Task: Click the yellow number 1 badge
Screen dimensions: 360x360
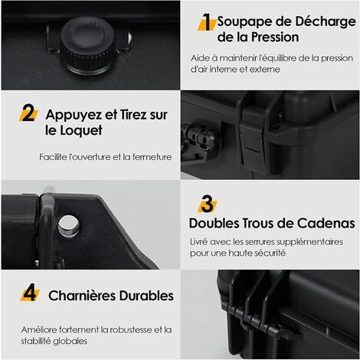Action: [206, 21]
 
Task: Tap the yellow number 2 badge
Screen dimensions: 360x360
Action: [28, 114]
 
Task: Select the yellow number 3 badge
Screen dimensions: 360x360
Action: [207, 204]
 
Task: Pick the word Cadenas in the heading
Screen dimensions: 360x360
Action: [325, 224]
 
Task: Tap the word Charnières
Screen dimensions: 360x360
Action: [86, 295]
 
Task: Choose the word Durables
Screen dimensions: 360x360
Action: [149, 295]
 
